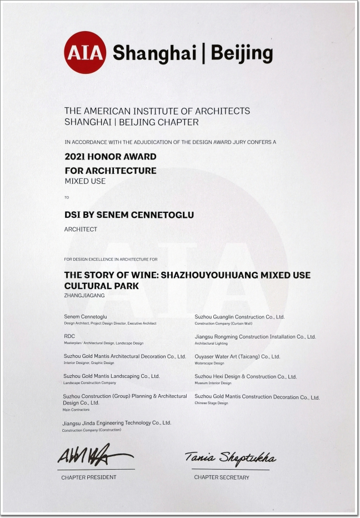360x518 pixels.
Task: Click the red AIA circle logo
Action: click(84, 53)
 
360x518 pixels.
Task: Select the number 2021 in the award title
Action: click(76, 157)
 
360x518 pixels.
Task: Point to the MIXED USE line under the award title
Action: click(85, 181)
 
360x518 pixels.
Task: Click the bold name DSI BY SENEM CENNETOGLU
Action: click(129, 215)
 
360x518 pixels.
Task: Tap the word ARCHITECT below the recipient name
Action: click(81, 229)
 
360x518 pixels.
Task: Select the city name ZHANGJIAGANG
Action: click(84, 296)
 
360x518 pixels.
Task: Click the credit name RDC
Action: click(69, 336)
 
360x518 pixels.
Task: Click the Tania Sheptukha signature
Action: click(230, 458)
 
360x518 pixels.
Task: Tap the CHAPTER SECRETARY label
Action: click(222, 477)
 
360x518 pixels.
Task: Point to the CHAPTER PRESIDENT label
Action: click(89, 477)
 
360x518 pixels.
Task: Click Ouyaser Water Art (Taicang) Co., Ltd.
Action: click(237, 356)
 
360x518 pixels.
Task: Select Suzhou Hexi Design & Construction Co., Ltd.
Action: click(246, 376)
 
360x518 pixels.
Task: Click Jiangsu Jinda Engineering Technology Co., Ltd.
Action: click(117, 423)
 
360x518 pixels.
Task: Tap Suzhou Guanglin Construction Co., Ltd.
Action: click(239, 317)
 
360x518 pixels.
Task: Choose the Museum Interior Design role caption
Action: click(213, 383)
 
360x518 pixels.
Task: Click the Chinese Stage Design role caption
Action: click(211, 403)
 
